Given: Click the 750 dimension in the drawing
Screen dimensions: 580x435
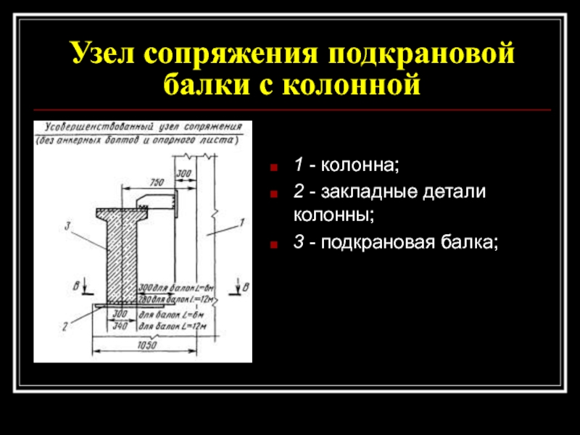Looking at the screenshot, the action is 154,181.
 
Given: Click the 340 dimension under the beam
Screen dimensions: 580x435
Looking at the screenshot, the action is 120,326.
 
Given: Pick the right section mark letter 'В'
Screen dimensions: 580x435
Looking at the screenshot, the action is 245,286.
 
